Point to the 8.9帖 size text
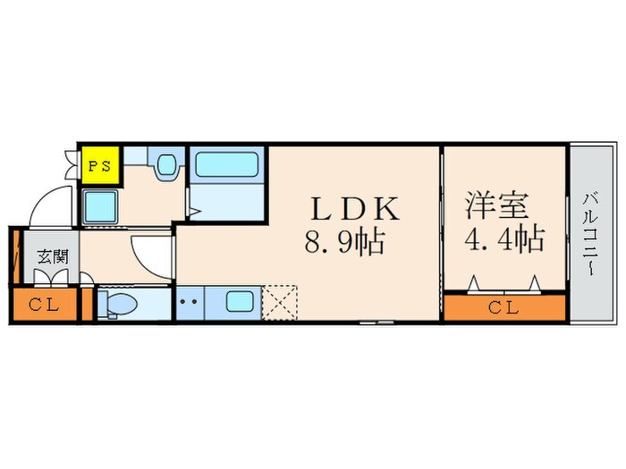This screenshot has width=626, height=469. coord(345,241)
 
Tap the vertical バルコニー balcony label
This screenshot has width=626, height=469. coord(591,234)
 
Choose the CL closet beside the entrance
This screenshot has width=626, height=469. coord(42,304)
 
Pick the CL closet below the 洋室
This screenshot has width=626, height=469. coord(505,308)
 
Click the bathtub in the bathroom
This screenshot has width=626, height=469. coord(227,164)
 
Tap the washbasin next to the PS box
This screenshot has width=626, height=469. coord(165,166)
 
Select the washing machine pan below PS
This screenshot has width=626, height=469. coord(99,207)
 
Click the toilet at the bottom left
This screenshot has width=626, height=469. coord(117,304)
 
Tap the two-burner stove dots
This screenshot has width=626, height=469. coord(190,302)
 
